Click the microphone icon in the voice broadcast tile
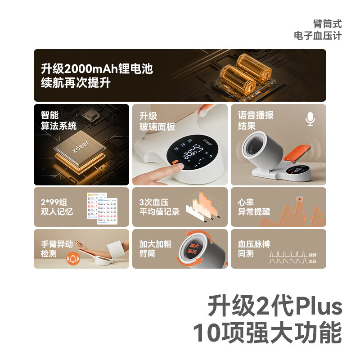click(x=310, y=119)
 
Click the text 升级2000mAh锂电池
click(x=97, y=69)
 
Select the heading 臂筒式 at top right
click(x=327, y=24)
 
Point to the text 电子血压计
click(x=317, y=36)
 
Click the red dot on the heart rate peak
click(x=299, y=199)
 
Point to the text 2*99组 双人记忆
click(x=56, y=207)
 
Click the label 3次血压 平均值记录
click(x=159, y=207)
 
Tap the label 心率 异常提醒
click(x=254, y=207)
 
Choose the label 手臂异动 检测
click(x=56, y=249)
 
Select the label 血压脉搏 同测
click(x=254, y=249)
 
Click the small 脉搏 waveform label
click(x=313, y=255)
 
